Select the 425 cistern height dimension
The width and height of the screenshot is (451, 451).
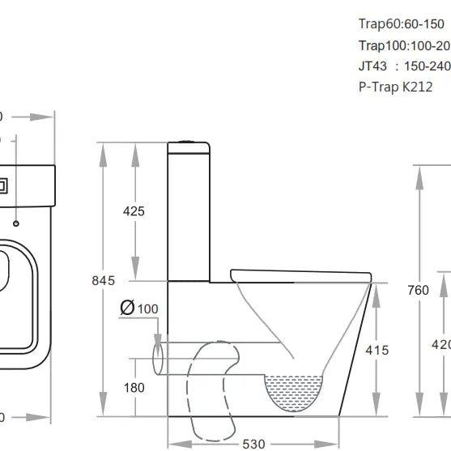(134, 211)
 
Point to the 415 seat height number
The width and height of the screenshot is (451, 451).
(377, 351)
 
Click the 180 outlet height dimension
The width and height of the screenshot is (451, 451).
(134, 388)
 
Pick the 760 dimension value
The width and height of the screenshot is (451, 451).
(418, 291)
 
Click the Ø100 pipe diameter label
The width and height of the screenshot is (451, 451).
(138, 308)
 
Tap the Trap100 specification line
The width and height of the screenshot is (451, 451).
(404, 45)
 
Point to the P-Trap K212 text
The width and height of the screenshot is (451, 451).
(395, 87)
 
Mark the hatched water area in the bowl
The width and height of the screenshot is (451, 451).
(295, 389)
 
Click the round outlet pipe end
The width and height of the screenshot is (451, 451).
(158, 356)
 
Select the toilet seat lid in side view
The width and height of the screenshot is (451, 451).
(300, 274)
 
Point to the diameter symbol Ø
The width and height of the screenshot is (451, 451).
(126, 308)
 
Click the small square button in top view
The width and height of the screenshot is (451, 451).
(3, 185)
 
